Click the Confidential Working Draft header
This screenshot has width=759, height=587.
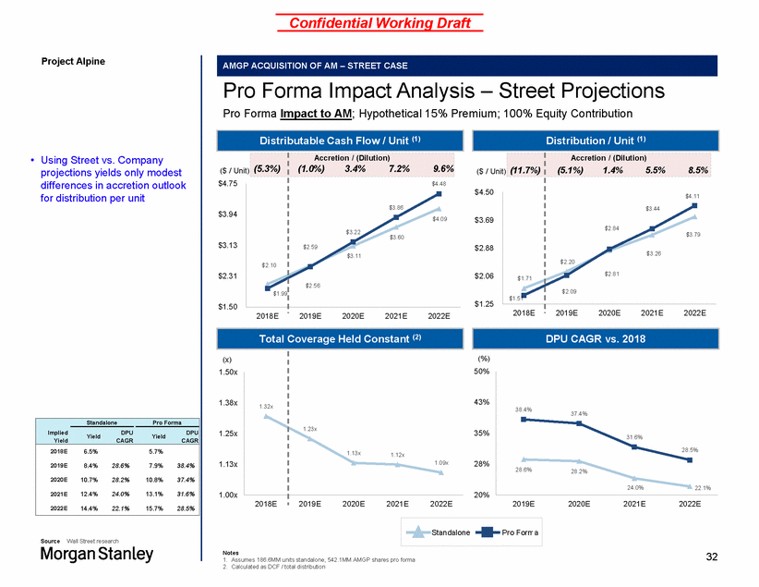[379, 21]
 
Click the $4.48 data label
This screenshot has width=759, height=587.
[438, 185]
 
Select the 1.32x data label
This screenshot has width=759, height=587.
[266, 407]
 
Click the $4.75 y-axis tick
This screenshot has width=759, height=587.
[227, 184]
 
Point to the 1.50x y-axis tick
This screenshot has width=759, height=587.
[227, 372]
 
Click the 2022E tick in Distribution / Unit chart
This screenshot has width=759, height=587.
[693, 312]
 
